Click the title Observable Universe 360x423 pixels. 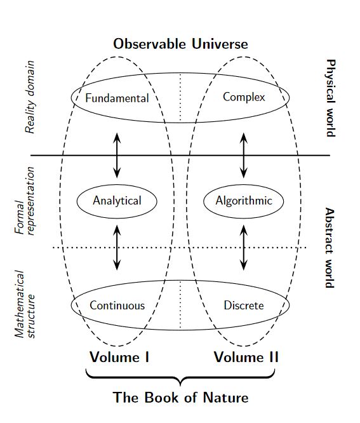coord(180,44)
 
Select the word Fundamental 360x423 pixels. coord(117,98)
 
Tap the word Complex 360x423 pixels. coord(244,97)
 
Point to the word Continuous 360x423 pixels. coord(117,305)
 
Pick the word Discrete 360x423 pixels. coord(244,305)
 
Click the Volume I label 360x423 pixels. coord(119,357)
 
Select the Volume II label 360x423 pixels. coord(246,357)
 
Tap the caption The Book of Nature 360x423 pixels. coord(180,398)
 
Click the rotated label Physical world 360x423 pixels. coord(330,98)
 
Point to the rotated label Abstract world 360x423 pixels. coord(330,248)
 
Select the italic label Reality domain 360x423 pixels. coord(30,97)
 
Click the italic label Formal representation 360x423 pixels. coord(25,201)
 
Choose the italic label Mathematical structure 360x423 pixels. coord(25,304)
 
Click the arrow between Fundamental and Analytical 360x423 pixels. coord(117,156)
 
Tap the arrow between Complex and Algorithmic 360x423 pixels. coord(244,156)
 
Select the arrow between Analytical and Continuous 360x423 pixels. coord(117,248)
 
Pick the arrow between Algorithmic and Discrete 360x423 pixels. coord(244,248)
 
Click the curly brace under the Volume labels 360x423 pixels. coord(180,377)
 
